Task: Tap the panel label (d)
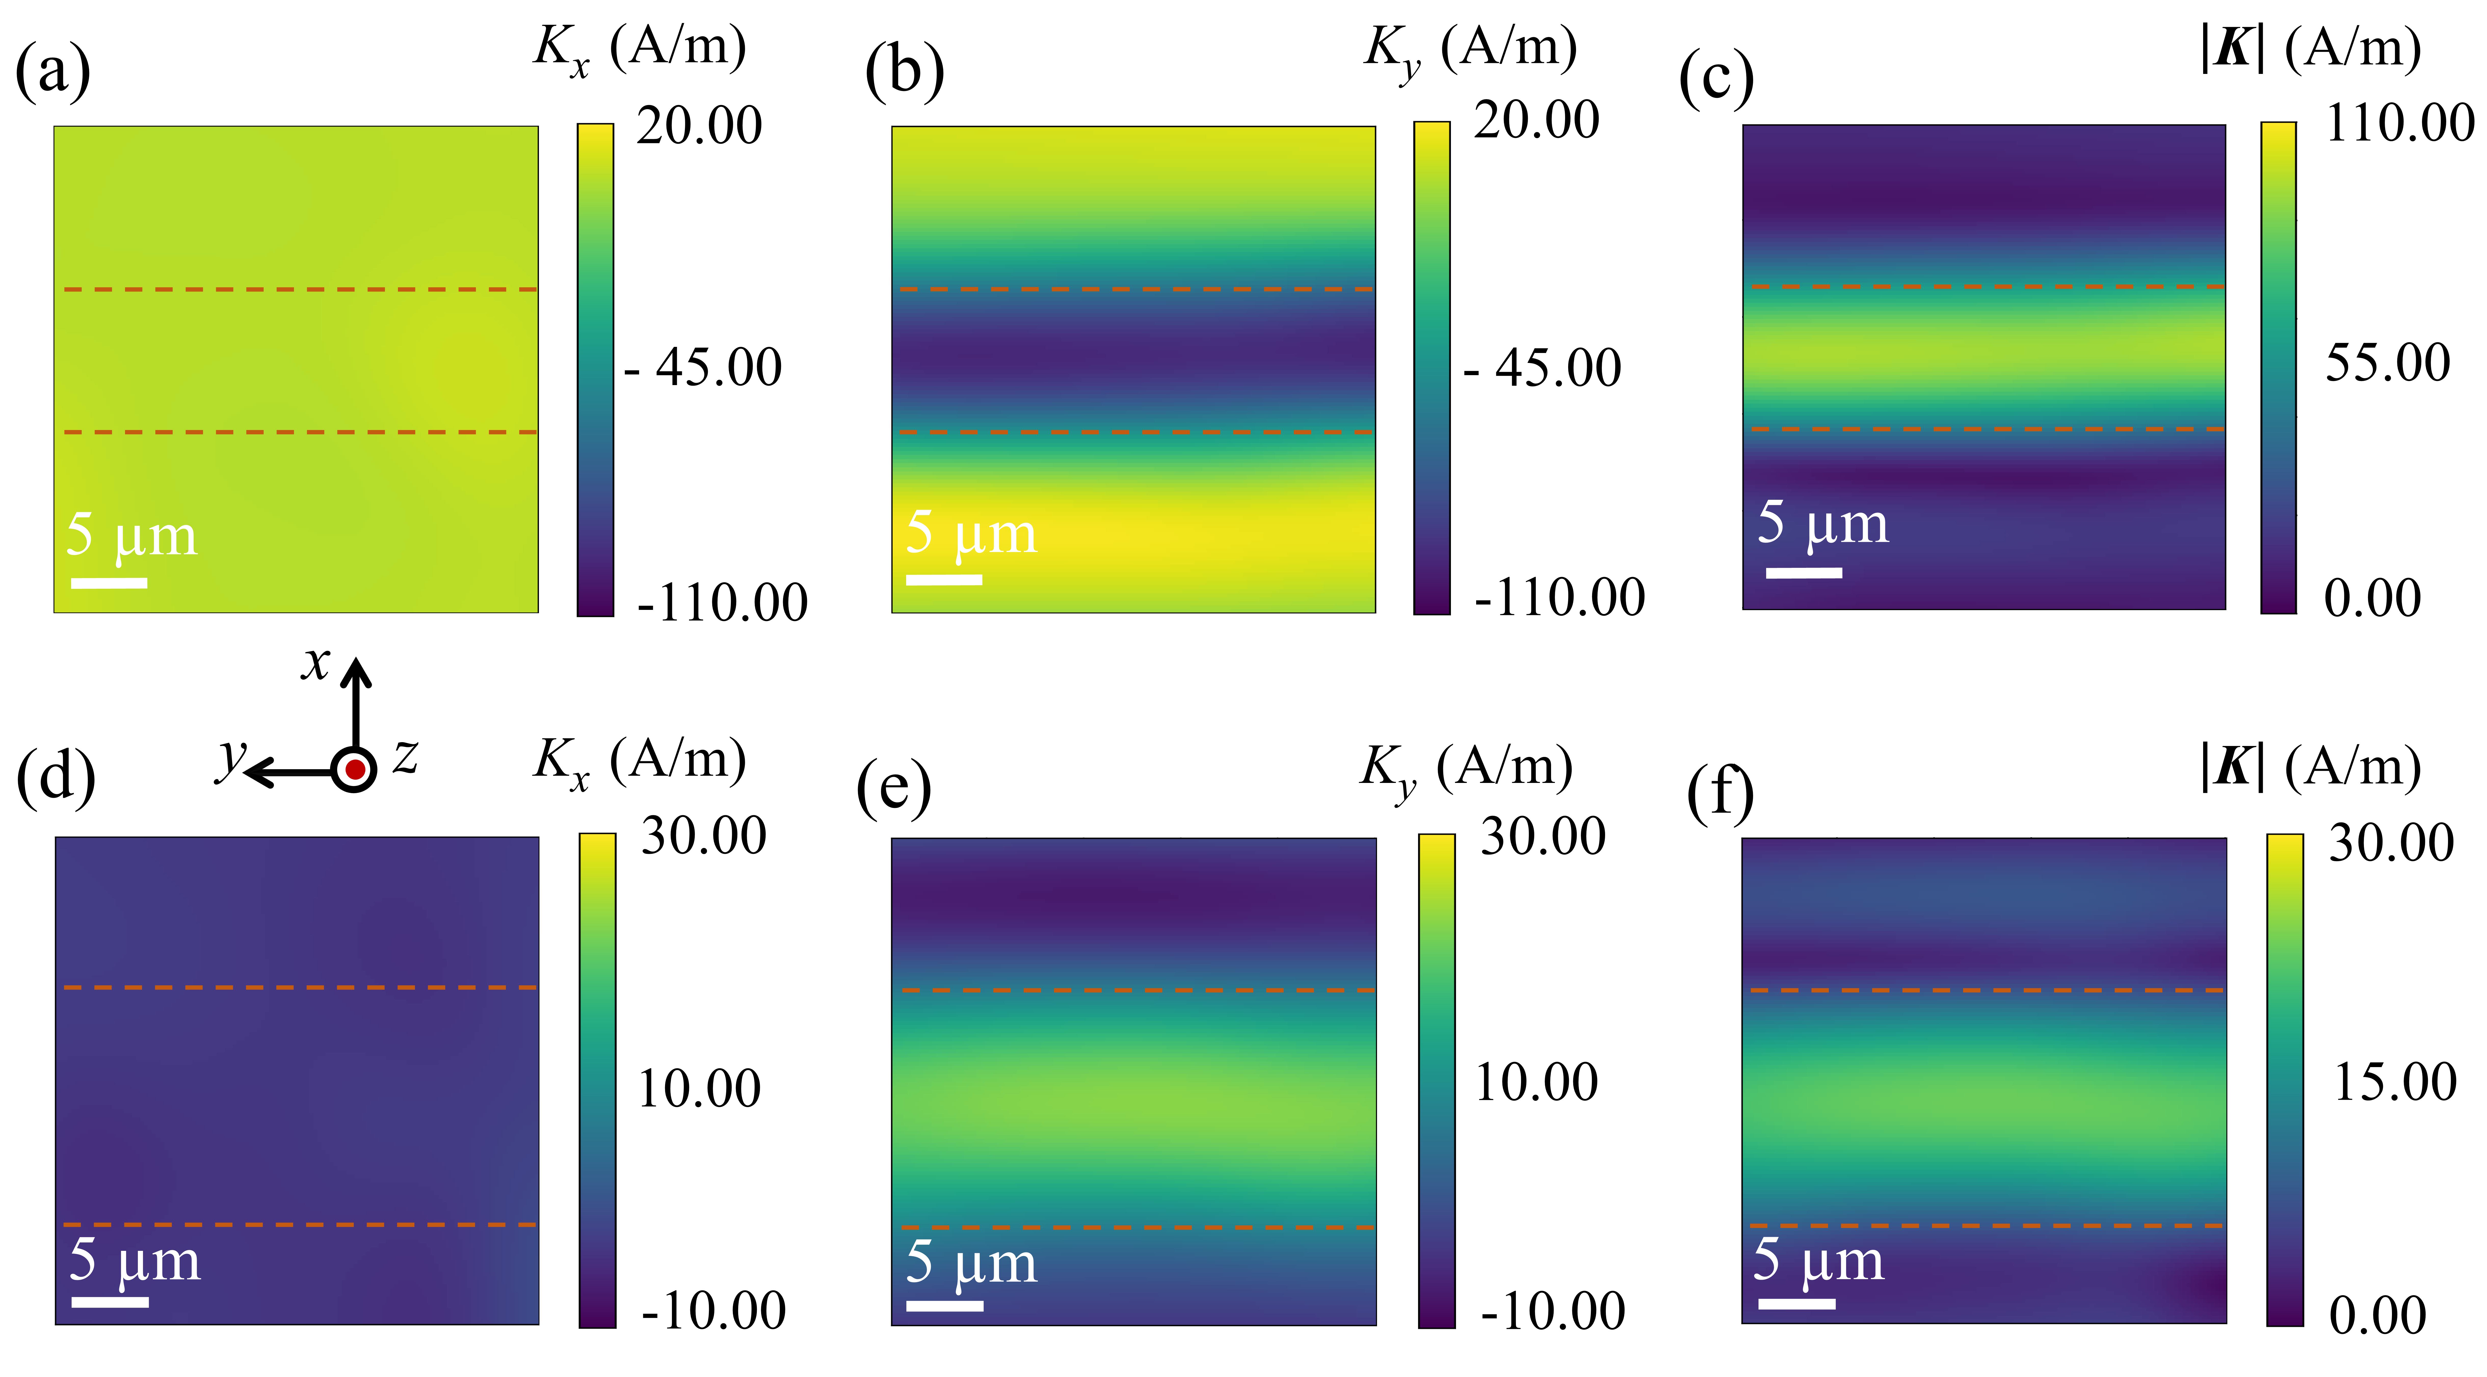[x=56, y=777]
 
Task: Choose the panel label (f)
[x=1719, y=794]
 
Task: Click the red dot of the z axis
[x=354, y=770]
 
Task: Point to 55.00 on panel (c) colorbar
[x=2387, y=363]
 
